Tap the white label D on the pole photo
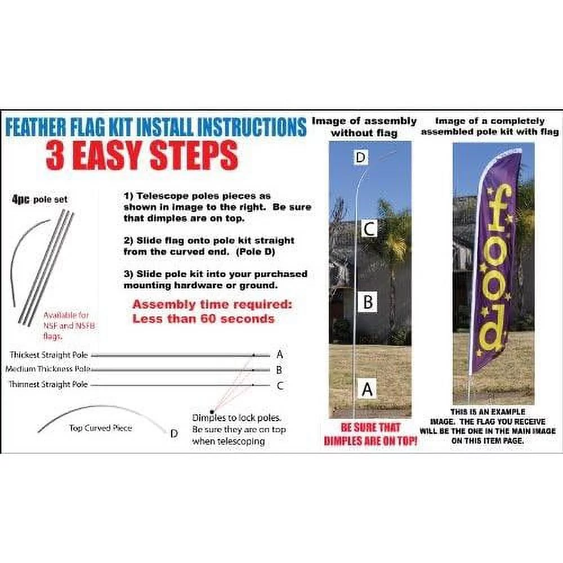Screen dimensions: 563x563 point(361,158)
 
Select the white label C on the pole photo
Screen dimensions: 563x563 point(368,229)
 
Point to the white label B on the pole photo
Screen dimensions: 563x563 point(368,302)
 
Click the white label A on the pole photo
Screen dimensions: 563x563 point(367,388)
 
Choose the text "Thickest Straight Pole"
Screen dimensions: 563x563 point(48,355)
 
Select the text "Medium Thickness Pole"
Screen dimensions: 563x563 point(48,369)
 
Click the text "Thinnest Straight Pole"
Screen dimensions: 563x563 point(48,385)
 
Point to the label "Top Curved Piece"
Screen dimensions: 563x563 point(100,428)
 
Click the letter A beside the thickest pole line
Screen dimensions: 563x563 point(280,355)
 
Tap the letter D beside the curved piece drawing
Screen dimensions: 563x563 point(174,433)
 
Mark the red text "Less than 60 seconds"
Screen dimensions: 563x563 point(203,319)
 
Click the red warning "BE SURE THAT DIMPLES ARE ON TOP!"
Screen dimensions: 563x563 point(370,435)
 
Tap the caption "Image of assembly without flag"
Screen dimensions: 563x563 point(364,127)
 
